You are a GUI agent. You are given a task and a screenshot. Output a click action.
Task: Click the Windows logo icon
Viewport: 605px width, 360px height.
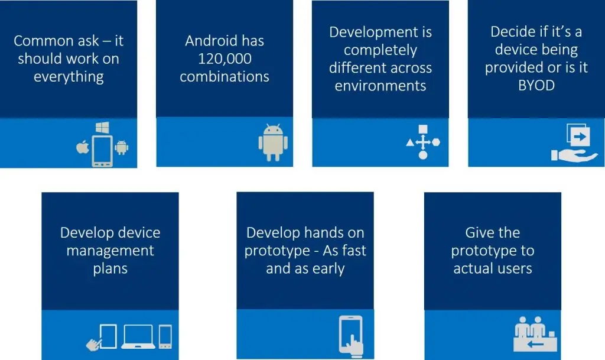pyautogui.click(x=102, y=127)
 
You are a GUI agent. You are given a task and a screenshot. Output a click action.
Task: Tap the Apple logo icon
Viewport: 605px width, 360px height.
pyautogui.click(x=83, y=147)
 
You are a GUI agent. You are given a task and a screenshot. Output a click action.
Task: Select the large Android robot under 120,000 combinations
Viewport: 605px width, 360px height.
pyautogui.click(x=273, y=142)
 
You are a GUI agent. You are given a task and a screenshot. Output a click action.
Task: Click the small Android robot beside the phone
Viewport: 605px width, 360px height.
pyautogui.click(x=122, y=147)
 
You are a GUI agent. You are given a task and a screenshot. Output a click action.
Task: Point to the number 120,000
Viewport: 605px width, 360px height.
pyautogui.click(x=225, y=59)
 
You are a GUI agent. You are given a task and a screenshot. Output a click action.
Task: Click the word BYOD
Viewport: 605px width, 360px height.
pyautogui.click(x=536, y=85)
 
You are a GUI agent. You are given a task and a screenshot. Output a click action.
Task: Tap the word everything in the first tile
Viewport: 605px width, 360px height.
pyautogui.click(x=69, y=77)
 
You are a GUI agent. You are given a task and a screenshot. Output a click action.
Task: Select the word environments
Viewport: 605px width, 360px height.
pyautogui.click(x=380, y=86)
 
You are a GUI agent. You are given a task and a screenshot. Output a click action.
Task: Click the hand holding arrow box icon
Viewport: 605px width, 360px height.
pyautogui.click(x=574, y=142)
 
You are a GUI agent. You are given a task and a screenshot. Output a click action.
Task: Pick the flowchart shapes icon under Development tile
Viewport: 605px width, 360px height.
pyautogui.click(x=423, y=142)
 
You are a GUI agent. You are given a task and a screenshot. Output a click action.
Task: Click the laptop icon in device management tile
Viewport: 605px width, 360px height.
pyautogui.click(x=138, y=337)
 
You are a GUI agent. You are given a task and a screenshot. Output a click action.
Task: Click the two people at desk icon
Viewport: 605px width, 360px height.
pyautogui.click(x=535, y=334)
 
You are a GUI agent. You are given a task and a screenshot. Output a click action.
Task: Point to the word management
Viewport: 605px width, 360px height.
pyautogui.click(x=110, y=251)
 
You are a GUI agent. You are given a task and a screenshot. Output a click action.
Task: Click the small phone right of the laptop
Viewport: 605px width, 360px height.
pyautogui.click(x=165, y=337)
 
